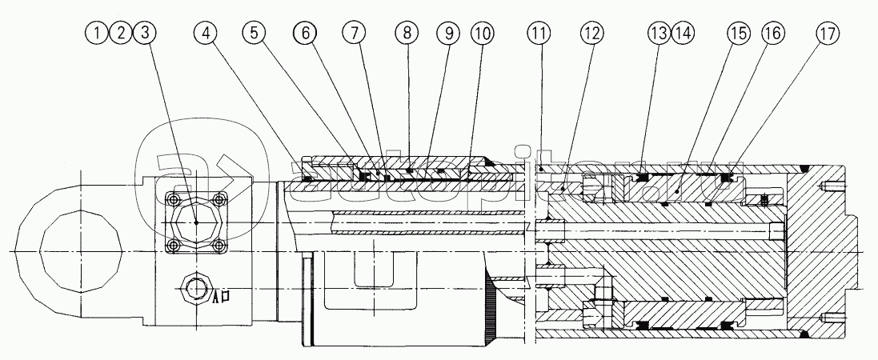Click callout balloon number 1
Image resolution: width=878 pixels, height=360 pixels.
[98, 34]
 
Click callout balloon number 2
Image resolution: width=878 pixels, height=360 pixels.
[121, 34]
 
